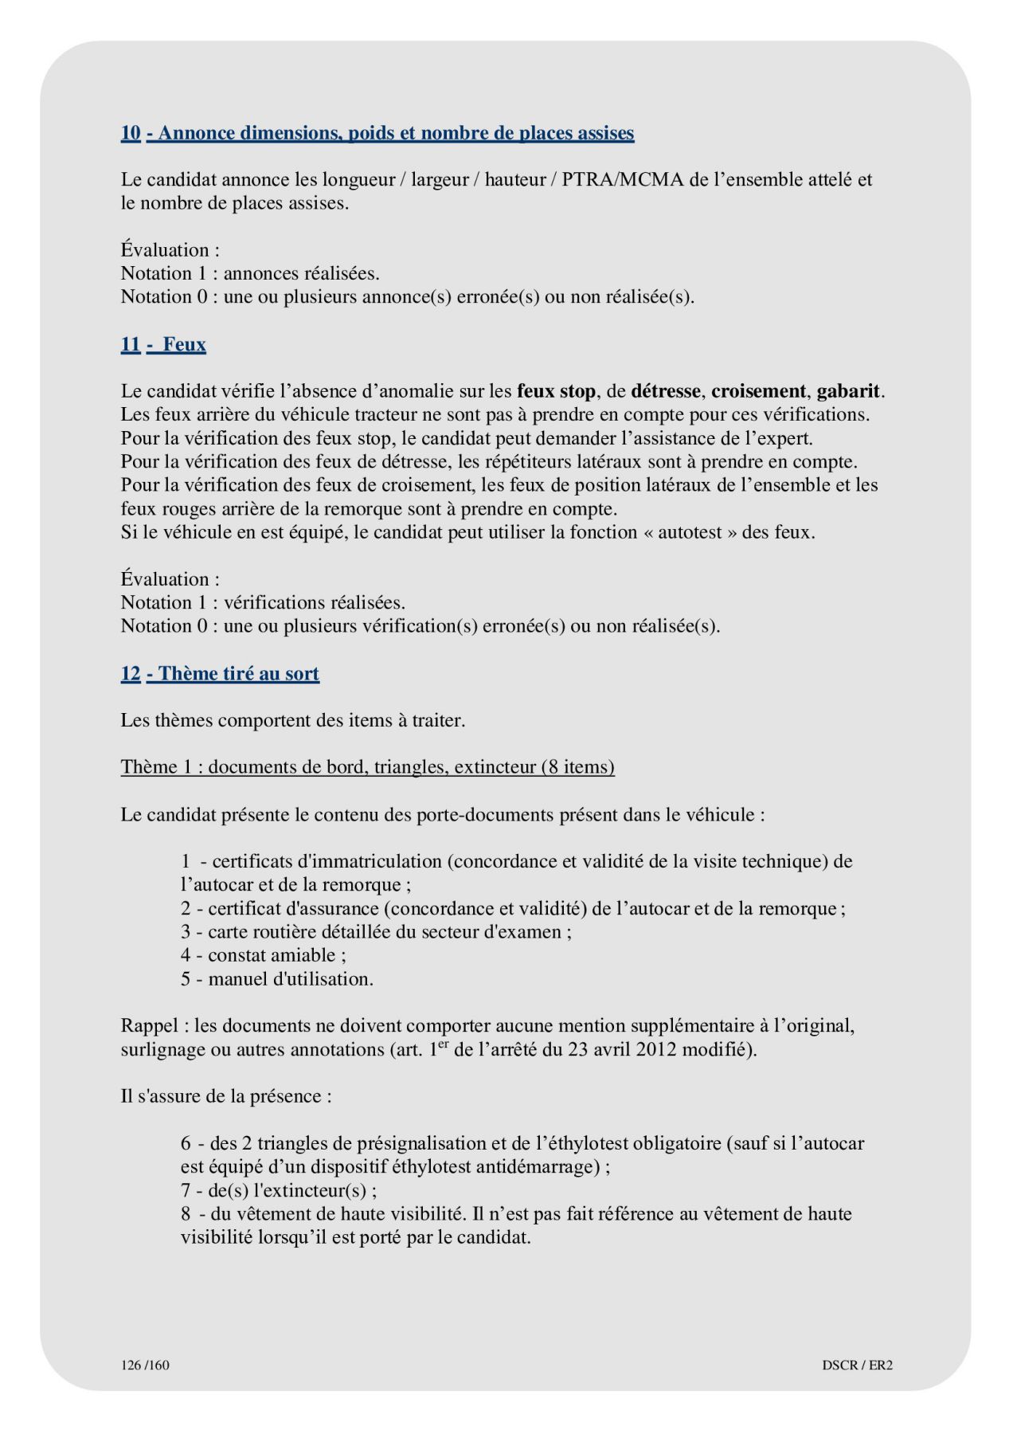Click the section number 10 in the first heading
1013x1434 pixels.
(131, 133)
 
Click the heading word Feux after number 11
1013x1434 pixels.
(184, 345)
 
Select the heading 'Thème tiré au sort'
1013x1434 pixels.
(238, 674)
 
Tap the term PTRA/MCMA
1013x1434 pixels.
(623, 180)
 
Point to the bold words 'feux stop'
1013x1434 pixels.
(556, 391)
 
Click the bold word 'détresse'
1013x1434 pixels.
(666, 391)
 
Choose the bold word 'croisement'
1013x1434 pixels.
(758, 391)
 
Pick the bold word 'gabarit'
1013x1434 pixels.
(848, 391)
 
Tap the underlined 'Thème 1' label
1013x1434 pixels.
(157, 767)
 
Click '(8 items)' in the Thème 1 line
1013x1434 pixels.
(577, 767)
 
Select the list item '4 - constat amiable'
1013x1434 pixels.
(263, 955)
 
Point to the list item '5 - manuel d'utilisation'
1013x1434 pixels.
(276, 979)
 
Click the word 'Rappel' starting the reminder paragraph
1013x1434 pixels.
(150, 1026)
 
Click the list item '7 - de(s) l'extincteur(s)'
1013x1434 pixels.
(278, 1191)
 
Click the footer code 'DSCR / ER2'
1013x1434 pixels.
(857, 1365)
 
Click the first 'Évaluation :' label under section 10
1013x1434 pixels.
(170, 250)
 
